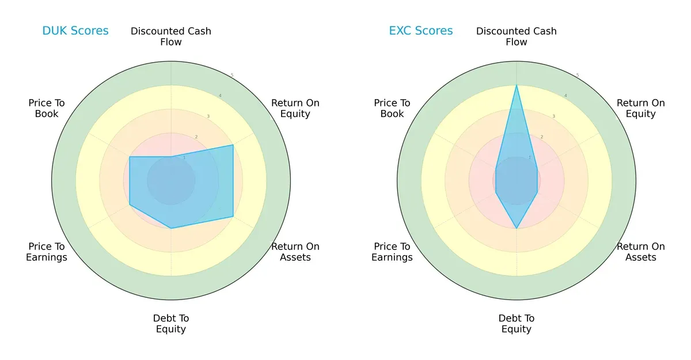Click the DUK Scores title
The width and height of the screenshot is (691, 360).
[75, 31]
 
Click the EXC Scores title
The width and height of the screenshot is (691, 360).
[421, 31]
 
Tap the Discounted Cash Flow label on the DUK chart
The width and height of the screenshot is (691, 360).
[171, 36]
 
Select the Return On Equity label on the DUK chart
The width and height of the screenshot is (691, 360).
[295, 108]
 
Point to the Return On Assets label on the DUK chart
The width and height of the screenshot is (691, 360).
[295, 252]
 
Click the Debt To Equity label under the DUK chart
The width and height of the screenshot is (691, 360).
[171, 324]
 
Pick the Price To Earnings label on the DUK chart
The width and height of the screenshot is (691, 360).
[47, 252]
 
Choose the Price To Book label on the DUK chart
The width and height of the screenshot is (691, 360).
[47, 108]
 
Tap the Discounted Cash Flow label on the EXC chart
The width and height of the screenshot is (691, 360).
[517, 36]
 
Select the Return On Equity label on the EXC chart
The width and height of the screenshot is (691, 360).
[640, 108]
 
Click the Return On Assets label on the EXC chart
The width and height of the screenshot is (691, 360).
[640, 252]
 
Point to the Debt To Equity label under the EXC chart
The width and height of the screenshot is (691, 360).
[517, 324]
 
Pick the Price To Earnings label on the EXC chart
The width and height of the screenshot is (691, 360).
[392, 252]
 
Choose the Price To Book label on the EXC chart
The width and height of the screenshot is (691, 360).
[392, 108]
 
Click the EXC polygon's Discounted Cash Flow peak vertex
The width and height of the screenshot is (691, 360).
[517, 85]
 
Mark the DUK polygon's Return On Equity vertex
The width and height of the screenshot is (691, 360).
[233, 145]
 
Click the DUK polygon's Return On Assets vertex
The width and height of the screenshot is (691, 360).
[233, 217]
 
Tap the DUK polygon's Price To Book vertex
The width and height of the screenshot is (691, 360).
[130, 157]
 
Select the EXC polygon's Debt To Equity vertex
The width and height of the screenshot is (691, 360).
[517, 229]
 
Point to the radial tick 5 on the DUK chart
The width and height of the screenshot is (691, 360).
[232, 75]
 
